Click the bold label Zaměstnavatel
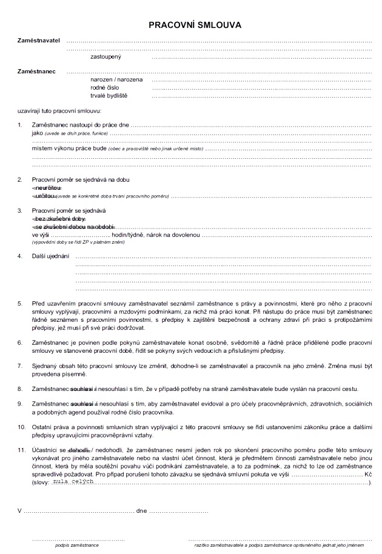click(39, 39)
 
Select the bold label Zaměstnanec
click(36, 72)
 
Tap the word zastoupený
click(106, 56)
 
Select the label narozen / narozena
click(116, 79)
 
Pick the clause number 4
click(19, 256)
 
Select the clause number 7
click(19, 366)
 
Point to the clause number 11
click(21, 450)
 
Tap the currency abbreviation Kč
click(367, 473)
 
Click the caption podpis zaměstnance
click(76, 546)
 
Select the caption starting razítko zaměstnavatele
click(283, 546)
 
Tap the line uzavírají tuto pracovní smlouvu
click(59, 111)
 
